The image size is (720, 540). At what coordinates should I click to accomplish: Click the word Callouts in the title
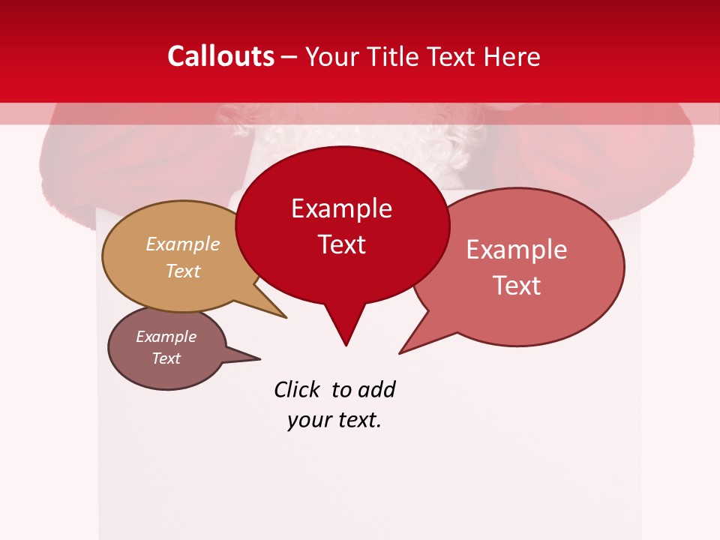(x=220, y=56)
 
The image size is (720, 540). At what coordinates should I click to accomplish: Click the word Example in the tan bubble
(x=183, y=244)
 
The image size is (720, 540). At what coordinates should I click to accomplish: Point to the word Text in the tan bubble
(x=183, y=271)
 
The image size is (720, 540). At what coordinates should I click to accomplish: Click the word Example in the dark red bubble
(x=341, y=208)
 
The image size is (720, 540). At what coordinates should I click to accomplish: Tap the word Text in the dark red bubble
(x=341, y=244)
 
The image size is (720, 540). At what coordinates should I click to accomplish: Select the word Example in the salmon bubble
(x=517, y=250)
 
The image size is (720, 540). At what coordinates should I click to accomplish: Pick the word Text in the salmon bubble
(x=517, y=286)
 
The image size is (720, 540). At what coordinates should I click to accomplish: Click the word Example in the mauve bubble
(x=166, y=337)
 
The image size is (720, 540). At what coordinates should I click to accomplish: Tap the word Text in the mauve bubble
(x=166, y=358)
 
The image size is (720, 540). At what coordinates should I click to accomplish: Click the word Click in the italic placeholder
(x=298, y=390)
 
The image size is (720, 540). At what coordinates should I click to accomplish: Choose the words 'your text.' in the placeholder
(x=334, y=420)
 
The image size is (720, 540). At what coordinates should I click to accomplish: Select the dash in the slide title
(x=289, y=57)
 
